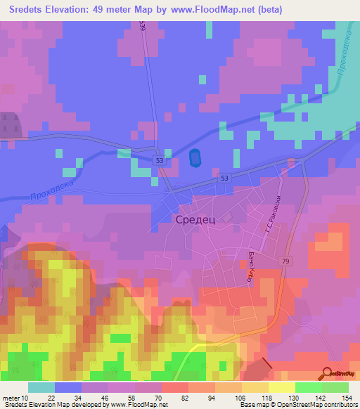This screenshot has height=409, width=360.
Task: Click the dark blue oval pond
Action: [x=194, y=159]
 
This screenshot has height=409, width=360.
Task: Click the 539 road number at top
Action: [x=143, y=26]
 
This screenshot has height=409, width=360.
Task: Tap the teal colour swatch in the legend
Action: [x=41, y=387]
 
